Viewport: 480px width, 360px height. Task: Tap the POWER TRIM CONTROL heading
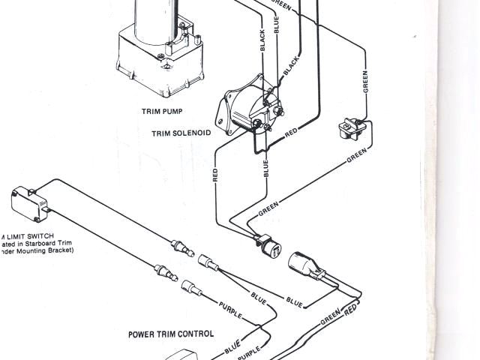pyautogui.click(x=170, y=334)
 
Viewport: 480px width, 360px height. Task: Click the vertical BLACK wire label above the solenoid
pyautogui.click(x=262, y=42)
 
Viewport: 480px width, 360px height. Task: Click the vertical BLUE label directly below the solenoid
pyautogui.click(x=265, y=169)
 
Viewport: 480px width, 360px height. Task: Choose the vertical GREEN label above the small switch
pyautogui.click(x=365, y=82)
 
